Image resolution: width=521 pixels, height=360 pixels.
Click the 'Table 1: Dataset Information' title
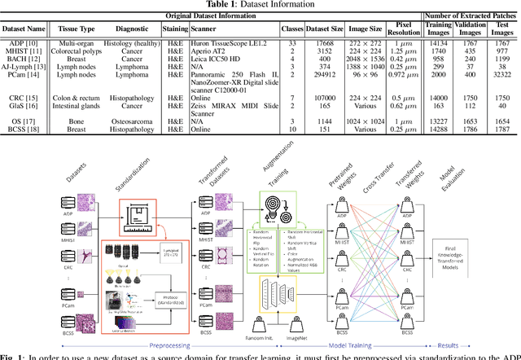(x=260, y=4)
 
